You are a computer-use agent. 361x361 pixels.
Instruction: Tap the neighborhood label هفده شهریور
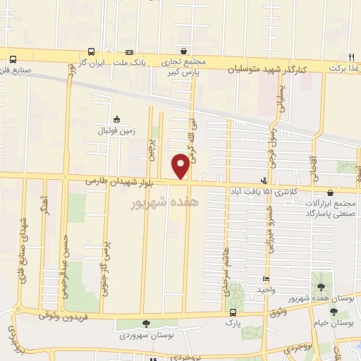[166, 202]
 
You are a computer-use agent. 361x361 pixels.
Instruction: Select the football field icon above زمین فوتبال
[116, 119]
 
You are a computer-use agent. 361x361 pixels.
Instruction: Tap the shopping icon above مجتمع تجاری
[184, 51]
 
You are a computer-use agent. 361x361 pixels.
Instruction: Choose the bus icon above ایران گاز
[91, 51]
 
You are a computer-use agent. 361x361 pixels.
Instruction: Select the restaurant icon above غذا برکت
[351, 56]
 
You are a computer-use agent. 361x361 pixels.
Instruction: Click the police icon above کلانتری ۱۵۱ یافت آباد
[264, 180]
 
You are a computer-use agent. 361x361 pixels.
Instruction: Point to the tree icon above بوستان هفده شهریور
[322, 288]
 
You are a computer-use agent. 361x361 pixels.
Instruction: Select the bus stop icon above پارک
[233, 312]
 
